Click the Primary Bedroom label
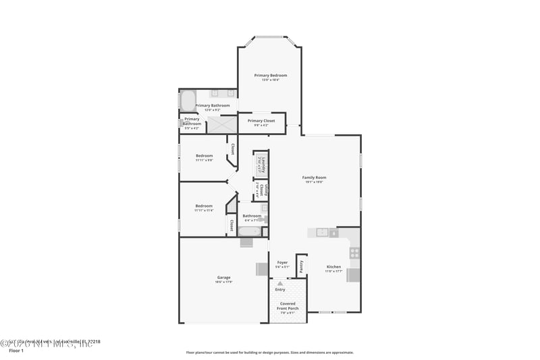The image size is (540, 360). pyautogui.click(x=271, y=75)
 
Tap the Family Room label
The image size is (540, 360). pyautogui.click(x=315, y=177)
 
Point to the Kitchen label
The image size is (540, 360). pyautogui.click(x=334, y=267)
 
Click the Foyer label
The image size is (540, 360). pyautogui.click(x=282, y=262)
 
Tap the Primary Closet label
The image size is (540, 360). pyautogui.click(x=261, y=121)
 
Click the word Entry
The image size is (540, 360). pyautogui.click(x=280, y=290)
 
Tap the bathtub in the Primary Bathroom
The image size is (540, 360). pyautogui.click(x=187, y=101)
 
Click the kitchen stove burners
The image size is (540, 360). pyautogui.click(x=354, y=253)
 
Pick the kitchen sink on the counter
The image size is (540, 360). pyautogui.click(x=323, y=233)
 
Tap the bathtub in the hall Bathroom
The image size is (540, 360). pyautogui.click(x=248, y=232)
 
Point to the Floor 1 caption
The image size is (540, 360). pyautogui.click(x=16, y=351)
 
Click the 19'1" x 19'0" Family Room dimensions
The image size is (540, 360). pyautogui.click(x=315, y=182)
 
